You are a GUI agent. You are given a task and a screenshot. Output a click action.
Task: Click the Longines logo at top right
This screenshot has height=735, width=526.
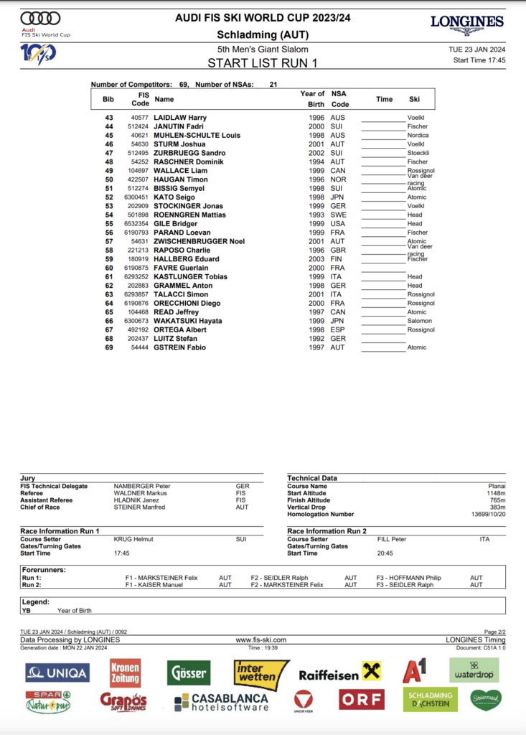(x=467, y=24)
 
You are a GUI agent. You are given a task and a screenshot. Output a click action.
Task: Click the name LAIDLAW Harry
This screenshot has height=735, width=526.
(x=180, y=118)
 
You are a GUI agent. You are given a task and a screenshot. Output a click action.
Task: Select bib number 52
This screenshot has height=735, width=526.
(x=109, y=197)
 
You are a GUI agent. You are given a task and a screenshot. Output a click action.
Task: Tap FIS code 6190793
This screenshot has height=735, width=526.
(x=136, y=233)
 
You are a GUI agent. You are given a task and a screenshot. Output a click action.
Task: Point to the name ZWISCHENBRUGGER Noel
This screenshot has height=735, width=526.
(x=199, y=241)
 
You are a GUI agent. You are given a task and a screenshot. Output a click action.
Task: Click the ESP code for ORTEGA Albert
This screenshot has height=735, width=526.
(x=337, y=330)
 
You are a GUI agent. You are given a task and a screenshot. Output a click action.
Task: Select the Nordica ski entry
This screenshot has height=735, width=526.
(x=418, y=136)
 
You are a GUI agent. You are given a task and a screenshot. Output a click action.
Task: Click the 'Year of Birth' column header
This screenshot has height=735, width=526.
(x=312, y=99)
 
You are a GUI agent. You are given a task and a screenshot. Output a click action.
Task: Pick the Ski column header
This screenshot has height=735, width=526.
(x=415, y=100)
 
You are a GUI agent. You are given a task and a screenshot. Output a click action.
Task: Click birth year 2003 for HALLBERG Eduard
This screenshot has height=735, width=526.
(x=316, y=259)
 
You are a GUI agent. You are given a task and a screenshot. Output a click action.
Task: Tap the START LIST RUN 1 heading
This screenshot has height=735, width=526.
(x=263, y=62)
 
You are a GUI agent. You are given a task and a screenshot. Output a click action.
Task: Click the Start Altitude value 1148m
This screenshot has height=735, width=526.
(x=494, y=493)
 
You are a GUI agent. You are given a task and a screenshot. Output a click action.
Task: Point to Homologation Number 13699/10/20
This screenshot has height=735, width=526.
(x=487, y=514)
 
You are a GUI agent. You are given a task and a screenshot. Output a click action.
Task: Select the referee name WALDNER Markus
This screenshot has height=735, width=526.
(x=141, y=493)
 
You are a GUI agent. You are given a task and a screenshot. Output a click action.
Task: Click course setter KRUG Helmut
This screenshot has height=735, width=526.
(x=133, y=539)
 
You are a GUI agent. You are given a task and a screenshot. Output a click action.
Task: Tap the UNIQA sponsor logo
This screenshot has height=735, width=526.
(x=57, y=673)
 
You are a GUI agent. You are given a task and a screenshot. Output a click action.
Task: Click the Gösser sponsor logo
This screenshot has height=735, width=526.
(x=189, y=673)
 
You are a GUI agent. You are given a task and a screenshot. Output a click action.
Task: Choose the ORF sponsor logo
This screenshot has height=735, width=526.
(x=362, y=699)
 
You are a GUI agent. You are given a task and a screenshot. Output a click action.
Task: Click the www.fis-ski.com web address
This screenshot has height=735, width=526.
(x=261, y=640)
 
